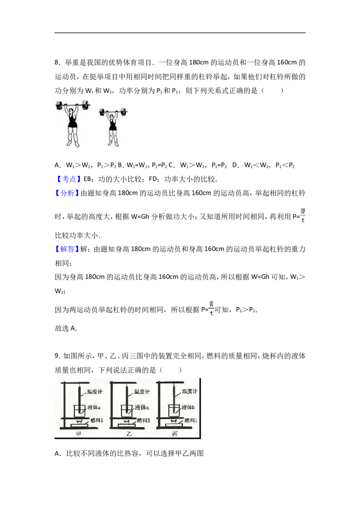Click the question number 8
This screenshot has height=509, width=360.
(57, 63)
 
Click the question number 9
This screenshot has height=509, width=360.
(57, 356)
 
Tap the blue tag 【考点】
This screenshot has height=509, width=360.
(67, 179)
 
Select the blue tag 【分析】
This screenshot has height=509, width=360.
(67, 193)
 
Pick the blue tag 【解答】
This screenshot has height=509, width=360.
(67, 249)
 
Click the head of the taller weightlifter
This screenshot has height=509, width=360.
(72, 109)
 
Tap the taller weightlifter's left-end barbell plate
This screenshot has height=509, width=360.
(59, 105)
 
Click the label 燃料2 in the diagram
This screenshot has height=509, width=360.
(143, 420)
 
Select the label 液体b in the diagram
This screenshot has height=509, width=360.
(188, 407)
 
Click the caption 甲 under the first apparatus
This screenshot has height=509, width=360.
(78, 434)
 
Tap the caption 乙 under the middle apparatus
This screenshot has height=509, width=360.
(129, 434)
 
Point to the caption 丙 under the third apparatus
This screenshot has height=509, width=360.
(175, 434)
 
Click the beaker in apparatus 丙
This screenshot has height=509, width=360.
(174, 411)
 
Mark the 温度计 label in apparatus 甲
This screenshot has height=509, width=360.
(94, 392)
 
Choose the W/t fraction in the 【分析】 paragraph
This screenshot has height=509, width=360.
(303, 215)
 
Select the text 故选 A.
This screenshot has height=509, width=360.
(66, 328)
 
